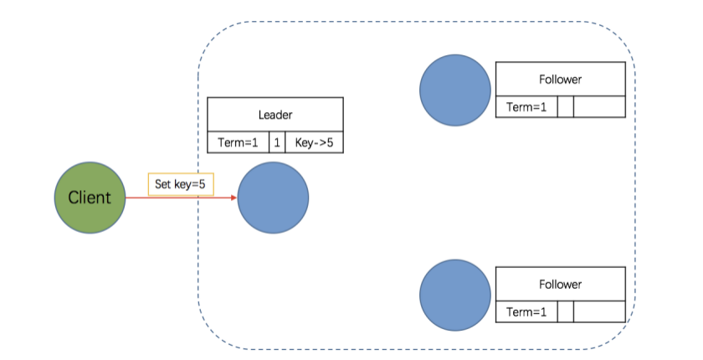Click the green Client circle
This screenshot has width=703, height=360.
click(90, 198)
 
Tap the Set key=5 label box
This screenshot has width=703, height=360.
click(177, 184)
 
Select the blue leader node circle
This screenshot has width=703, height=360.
click(273, 198)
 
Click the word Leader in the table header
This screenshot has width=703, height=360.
click(275, 115)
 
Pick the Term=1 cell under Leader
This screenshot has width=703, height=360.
click(238, 142)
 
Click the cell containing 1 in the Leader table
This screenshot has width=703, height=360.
click(277, 142)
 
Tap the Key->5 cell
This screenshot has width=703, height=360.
click(314, 142)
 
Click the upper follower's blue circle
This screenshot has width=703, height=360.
click(455, 90)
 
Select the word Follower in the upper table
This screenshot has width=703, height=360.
click(560, 80)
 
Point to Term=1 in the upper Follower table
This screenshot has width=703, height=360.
click(526, 107)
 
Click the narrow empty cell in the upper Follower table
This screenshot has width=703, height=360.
click(566, 107)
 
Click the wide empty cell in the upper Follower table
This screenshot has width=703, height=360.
click(599, 107)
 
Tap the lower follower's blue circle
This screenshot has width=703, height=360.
click(455, 294)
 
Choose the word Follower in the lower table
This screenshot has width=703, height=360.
click(560, 285)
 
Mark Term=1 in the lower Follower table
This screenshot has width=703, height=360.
click(526, 312)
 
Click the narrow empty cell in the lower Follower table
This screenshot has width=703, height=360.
click(566, 312)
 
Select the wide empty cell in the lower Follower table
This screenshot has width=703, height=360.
click(599, 312)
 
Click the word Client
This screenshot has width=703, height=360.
click(90, 198)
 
